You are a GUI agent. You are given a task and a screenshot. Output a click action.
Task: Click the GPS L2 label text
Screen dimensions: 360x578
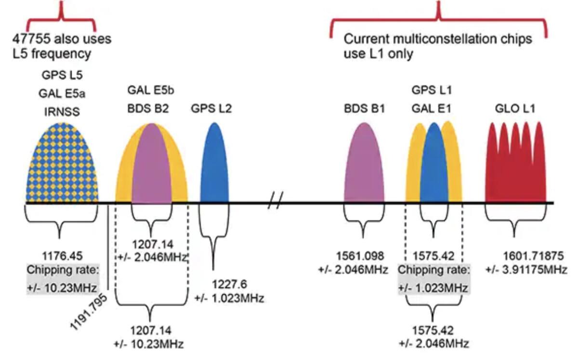tap(211, 108)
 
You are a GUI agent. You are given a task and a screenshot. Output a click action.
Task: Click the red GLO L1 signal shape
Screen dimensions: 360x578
tap(515, 166)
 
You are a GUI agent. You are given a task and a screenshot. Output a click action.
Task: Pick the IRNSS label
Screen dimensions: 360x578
tap(61, 112)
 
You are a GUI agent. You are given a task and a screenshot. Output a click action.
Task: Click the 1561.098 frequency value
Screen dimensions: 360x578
tap(353, 255)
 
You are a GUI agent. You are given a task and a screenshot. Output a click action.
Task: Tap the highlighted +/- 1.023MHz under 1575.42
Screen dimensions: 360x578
tap(433, 288)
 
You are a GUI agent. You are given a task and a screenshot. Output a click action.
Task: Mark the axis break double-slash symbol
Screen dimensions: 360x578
tap(275, 200)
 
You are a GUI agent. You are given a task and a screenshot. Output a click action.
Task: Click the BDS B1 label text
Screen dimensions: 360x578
tap(365, 108)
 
